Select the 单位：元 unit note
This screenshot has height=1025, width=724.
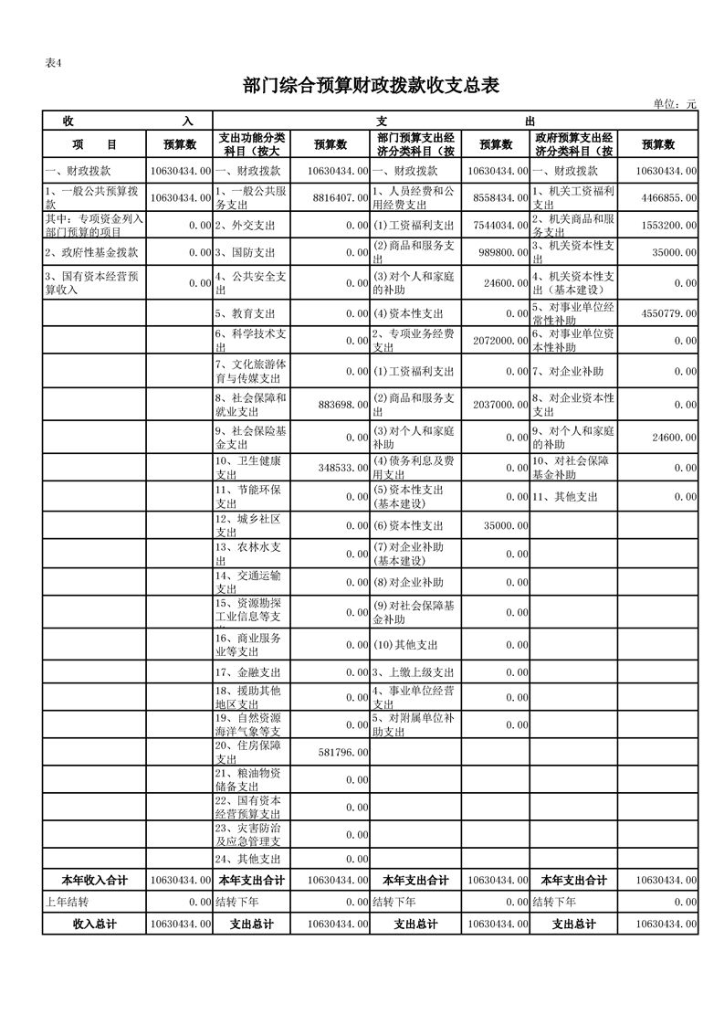[674, 104]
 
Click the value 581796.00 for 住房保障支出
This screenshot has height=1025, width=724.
[342, 752]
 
